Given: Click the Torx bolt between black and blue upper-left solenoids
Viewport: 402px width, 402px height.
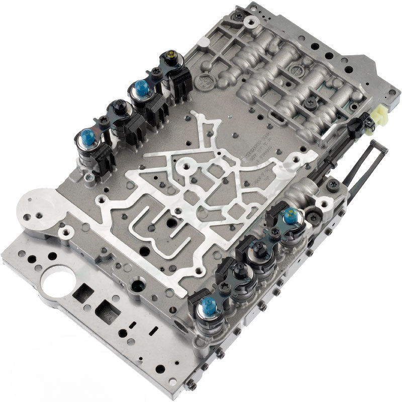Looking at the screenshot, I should point(104,120).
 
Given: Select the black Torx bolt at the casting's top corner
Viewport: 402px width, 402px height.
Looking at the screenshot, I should point(238,16).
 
